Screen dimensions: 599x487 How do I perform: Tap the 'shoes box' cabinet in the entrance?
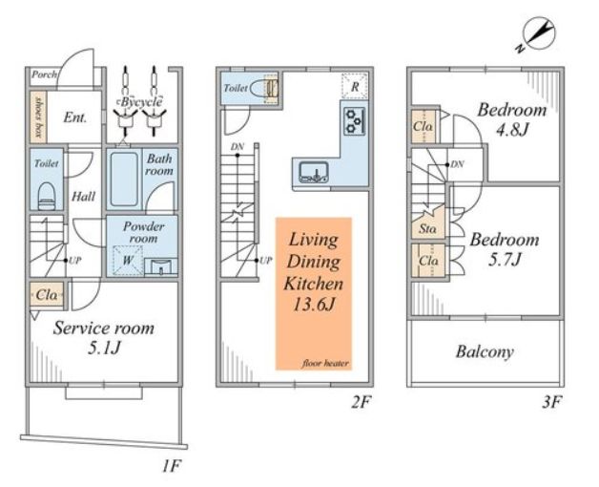38,117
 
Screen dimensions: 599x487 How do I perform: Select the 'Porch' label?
44,74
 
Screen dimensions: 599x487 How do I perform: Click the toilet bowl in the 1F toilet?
47,196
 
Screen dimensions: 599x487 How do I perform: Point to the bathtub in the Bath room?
124,179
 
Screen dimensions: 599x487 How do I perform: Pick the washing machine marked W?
128,261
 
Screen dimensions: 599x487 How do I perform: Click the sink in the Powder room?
161,266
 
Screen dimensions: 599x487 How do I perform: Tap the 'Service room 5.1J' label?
104,338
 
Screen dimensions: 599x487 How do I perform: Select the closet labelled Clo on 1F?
46,294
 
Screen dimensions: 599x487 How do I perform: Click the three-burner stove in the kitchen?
355,121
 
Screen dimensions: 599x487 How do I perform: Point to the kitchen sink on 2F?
314,172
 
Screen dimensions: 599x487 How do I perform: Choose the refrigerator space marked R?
355,87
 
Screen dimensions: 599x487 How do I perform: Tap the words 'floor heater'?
325,363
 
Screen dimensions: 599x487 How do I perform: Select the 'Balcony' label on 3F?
485,352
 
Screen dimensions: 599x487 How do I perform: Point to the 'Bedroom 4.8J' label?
512,119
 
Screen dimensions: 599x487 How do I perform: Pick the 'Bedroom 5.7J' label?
505,249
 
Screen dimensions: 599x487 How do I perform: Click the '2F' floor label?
361,402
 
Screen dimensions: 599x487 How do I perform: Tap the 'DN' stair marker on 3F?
457,164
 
